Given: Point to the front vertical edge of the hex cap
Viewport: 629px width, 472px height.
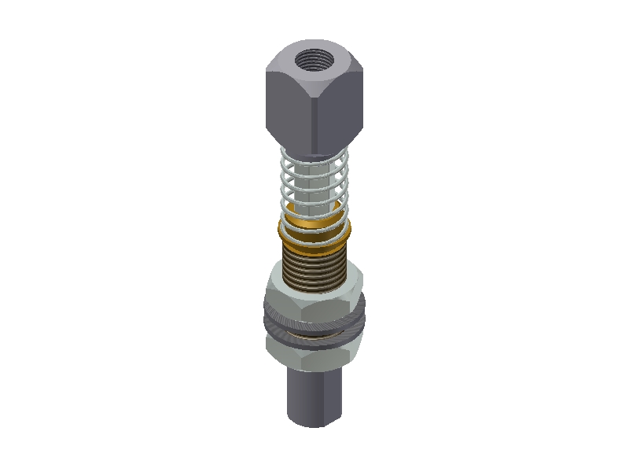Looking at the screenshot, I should point(315,118).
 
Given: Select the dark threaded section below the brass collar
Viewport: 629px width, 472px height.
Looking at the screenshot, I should point(314,271).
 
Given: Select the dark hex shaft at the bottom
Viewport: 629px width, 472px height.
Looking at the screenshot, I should point(314,393).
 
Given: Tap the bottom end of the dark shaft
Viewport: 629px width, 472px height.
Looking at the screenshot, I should point(314,421).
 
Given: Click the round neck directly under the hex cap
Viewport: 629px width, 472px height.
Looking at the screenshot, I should point(314,153).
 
